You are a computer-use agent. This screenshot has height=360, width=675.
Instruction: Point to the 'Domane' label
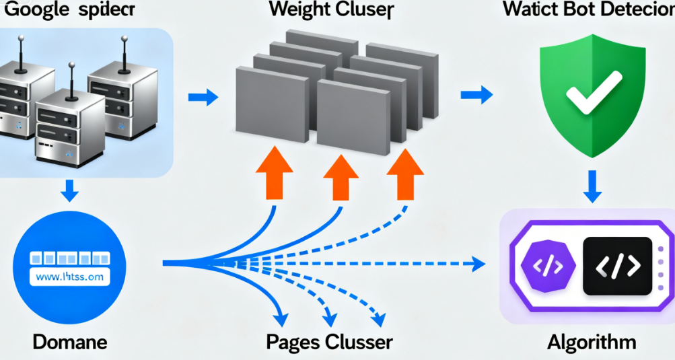tap(70, 342)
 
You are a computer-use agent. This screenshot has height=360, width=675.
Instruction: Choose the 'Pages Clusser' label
tap(329, 342)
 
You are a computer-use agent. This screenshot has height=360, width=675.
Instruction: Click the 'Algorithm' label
tap(592, 342)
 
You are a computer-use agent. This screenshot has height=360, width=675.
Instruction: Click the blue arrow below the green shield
tap(592, 186)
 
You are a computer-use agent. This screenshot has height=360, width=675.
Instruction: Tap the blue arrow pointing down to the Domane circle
tap(69, 191)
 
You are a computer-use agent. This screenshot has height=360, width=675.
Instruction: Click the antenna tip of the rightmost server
tap(125, 40)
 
